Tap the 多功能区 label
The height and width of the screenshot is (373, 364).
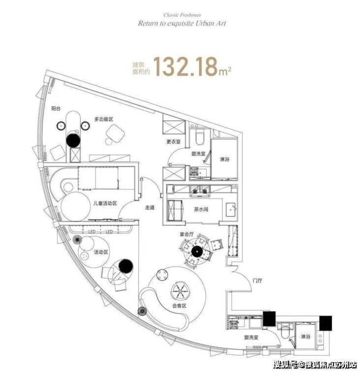click(x=104, y=119)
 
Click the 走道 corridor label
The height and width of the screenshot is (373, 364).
click(x=151, y=207)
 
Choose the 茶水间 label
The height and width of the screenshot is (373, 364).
click(x=202, y=209)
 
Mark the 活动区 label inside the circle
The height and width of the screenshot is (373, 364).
click(x=100, y=252)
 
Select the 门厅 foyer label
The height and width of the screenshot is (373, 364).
click(x=257, y=281)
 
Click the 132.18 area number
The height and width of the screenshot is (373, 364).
click(x=185, y=67)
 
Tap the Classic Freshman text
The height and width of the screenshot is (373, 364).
click(x=182, y=15)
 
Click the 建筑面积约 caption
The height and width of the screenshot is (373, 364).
click(x=140, y=68)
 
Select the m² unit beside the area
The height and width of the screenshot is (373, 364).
click(x=225, y=72)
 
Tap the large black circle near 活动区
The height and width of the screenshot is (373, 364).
click(x=125, y=267)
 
